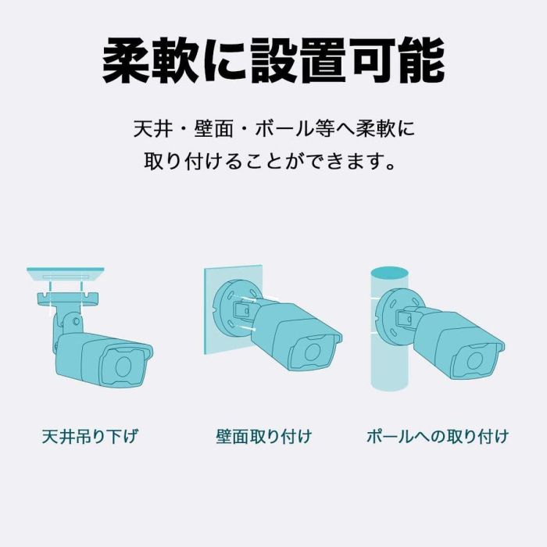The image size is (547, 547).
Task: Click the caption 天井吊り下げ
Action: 90,437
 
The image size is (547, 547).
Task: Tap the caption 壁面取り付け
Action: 264,437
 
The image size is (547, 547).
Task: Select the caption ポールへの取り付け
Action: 438,437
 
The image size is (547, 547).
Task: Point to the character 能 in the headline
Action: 420,60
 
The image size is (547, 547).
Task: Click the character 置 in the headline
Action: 323,60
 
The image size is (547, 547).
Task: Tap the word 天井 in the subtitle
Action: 153,129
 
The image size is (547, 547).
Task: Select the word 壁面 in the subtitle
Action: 213,129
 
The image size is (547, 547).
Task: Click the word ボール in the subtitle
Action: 283,129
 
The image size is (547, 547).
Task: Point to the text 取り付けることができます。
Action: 270,161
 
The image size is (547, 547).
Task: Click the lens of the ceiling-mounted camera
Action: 123,366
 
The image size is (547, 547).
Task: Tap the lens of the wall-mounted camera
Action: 312,352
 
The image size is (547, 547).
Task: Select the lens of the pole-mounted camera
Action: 474,360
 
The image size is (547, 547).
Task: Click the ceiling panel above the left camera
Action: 66,274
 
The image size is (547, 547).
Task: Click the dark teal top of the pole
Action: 389,273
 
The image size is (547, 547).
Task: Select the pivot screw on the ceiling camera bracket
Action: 75,321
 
